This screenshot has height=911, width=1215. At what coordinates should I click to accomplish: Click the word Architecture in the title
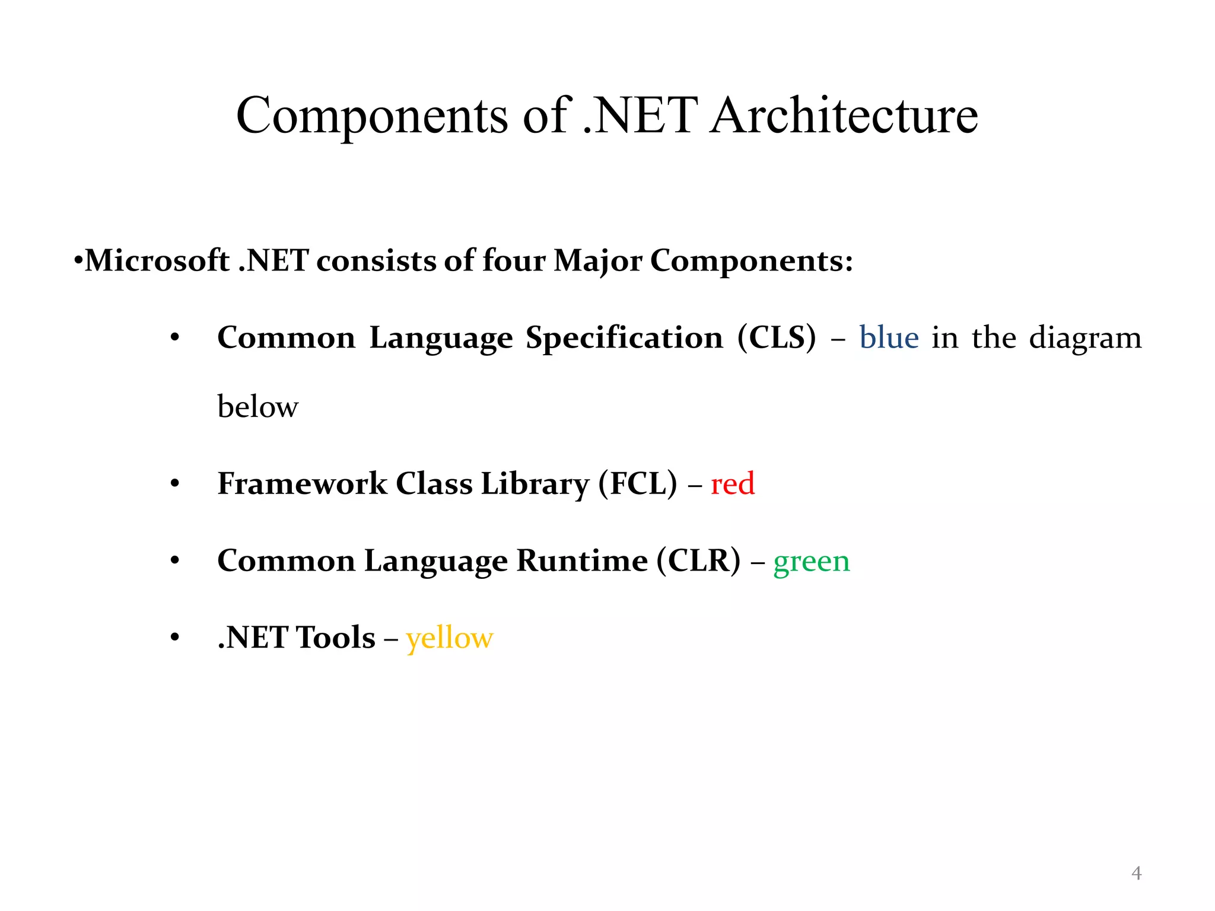[x=844, y=116]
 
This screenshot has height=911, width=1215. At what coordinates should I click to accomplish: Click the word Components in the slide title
[x=372, y=116]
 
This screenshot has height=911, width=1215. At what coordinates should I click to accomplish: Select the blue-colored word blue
[x=889, y=337]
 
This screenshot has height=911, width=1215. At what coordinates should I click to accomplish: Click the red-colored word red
[x=732, y=483]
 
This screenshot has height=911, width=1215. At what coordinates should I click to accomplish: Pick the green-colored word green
[x=811, y=561]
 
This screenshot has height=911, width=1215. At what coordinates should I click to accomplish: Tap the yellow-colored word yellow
[x=449, y=638]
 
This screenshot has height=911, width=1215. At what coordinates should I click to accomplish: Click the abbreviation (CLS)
[x=777, y=337]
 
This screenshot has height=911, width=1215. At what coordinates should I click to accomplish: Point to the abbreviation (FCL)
[x=637, y=483]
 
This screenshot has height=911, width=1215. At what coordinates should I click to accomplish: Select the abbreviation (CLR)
[x=698, y=560]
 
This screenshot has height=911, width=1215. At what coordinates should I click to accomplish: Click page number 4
[x=1136, y=873]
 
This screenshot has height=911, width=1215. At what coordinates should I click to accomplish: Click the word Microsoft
[x=157, y=261]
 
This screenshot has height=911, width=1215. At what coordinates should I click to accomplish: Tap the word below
[x=257, y=407]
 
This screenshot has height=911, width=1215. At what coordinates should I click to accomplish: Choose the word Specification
[x=624, y=337]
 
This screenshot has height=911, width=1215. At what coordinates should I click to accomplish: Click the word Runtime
[x=582, y=560]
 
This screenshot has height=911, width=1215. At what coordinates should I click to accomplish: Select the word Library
[x=535, y=483]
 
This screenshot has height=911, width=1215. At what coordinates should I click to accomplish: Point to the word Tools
[x=335, y=638]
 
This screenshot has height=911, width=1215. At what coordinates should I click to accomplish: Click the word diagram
[x=1084, y=337]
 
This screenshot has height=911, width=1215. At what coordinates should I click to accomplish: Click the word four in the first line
[x=514, y=261]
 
